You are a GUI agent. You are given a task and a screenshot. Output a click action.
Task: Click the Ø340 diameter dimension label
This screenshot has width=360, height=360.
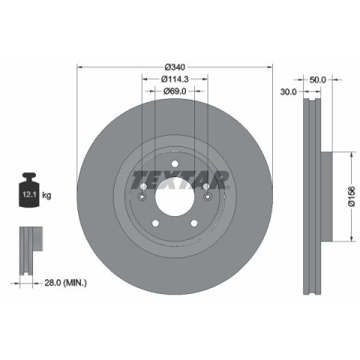point(175,67)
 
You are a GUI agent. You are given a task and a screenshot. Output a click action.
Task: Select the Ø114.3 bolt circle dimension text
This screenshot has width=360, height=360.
point(175,79)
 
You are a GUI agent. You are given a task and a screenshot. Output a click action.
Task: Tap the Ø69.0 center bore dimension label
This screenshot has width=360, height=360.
point(175,91)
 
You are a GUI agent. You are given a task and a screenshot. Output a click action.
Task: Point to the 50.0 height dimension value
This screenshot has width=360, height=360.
point(318,79)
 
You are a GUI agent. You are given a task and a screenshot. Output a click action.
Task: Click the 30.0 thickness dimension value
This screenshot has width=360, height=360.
point(288,92)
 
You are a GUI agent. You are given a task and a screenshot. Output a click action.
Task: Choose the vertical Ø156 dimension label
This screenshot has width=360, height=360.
point(352,196)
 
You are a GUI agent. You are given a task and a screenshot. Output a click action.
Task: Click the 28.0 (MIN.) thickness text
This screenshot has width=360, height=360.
point(65,283)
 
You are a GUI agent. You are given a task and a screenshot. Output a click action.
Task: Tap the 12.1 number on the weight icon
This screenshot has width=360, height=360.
point(29,194)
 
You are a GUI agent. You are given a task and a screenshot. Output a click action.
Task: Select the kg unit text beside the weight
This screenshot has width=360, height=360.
point(46,195)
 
